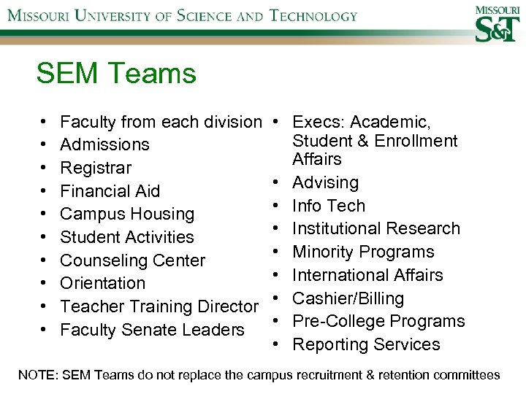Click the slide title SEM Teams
(x=116, y=74)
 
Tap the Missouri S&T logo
(x=498, y=24)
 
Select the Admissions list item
(x=104, y=144)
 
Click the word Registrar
(x=96, y=168)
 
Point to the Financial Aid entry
(x=110, y=191)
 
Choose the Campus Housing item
(x=127, y=214)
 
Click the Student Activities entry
(x=127, y=237)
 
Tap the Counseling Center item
(x=132, y=260)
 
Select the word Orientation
(x=102, y=283)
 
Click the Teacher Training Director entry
(x=159, y=306)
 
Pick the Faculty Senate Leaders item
(x=152, y=330)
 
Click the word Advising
(x=325, y=182)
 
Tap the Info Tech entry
(x=328, y=206)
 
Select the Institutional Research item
(x=376, y=228)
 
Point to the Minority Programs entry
(x=363, y=252)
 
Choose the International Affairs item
(x=367, y=275)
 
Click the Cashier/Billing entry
(x=348, y=298)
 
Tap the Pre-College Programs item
(x=378, y=321)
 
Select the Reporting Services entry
(x=366, y=344)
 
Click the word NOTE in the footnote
(x=38, y=375)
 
